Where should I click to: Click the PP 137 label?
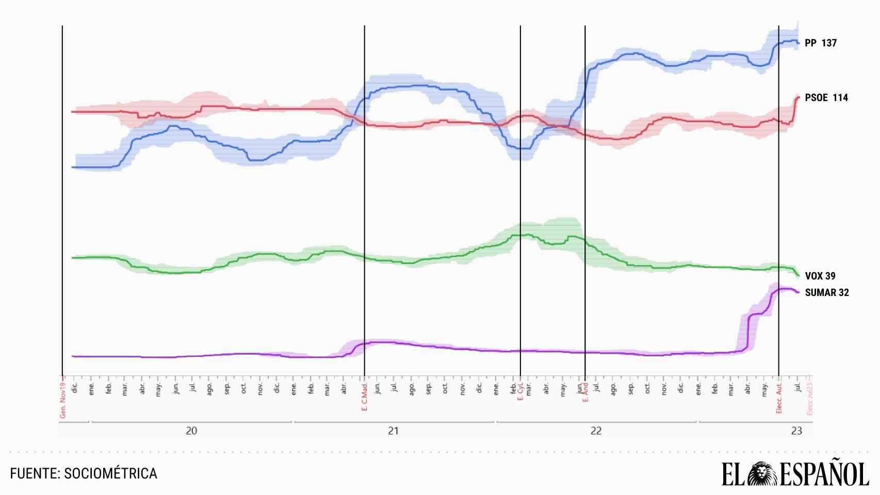(820, 43)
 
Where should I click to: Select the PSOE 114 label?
(826, 98)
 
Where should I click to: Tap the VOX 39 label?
(820, 276)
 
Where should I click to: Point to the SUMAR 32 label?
(826, 293)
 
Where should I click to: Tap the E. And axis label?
(585, 393)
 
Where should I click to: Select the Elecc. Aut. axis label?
(779, 398)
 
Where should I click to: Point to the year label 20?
(191, 431)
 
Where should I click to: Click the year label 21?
(394, 431)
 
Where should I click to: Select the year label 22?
(596, 431)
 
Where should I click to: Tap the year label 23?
(796, 431)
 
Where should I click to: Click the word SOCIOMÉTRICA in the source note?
(110, 473)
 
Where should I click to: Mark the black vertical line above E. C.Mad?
(365, 206)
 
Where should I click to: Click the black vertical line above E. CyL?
(520, 206)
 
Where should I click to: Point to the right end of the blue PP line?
(797, 43)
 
